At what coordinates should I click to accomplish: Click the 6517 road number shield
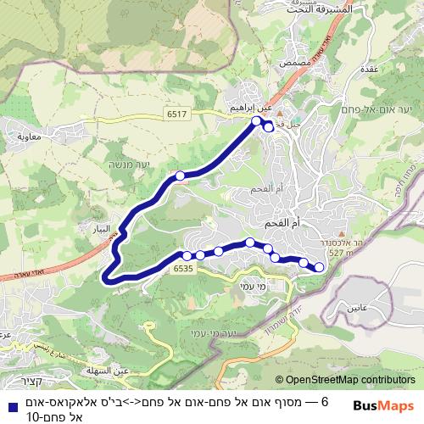click(x=176, y=112)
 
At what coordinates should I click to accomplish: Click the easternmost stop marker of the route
click(x=320, y=268)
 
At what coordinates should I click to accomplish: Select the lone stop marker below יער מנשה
click(x=180, y=176)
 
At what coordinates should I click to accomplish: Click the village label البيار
click(x=98, y=229)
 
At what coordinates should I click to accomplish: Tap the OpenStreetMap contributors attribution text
click(x=350, y=381)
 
